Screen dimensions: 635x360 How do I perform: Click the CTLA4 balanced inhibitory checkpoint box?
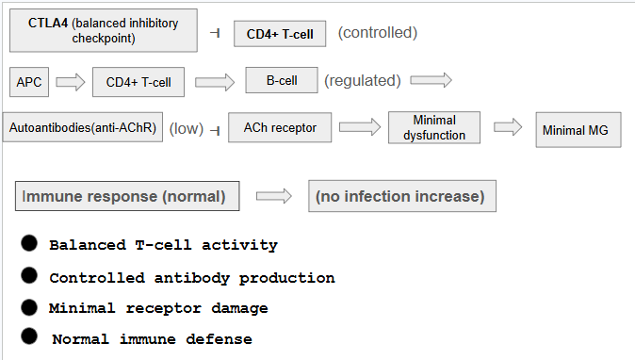click(104, 30)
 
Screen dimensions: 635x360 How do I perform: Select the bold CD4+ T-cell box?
click(280, 34)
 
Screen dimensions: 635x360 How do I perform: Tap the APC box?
click(29, 82)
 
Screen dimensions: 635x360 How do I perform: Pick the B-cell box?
click(282, 80)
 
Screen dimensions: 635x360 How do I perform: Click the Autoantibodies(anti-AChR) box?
click(83, 127)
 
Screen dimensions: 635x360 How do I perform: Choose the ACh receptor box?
click(280, 127)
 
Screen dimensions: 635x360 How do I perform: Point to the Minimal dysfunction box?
click(434, 127)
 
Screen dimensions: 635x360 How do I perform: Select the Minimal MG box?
click(578, 130)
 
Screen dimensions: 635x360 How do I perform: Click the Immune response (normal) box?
click(127, 196)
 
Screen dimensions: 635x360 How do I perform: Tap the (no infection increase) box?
click(402, 196)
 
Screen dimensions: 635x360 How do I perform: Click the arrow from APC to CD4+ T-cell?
click(71, 82)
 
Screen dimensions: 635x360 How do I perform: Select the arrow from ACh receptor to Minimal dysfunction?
click(360, 127)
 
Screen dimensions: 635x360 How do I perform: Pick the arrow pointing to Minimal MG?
click(508, 127)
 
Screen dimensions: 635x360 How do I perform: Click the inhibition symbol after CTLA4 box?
click(215, 33)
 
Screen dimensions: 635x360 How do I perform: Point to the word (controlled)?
click(378, 33)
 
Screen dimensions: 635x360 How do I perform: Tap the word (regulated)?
click(363, 81)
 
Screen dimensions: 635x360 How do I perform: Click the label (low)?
click(187, 129)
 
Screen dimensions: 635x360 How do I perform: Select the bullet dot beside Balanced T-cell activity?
click(29, 243)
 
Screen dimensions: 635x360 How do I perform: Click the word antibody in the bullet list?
click(192, 278)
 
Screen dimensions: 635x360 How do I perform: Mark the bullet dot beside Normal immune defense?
click(29, 336)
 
